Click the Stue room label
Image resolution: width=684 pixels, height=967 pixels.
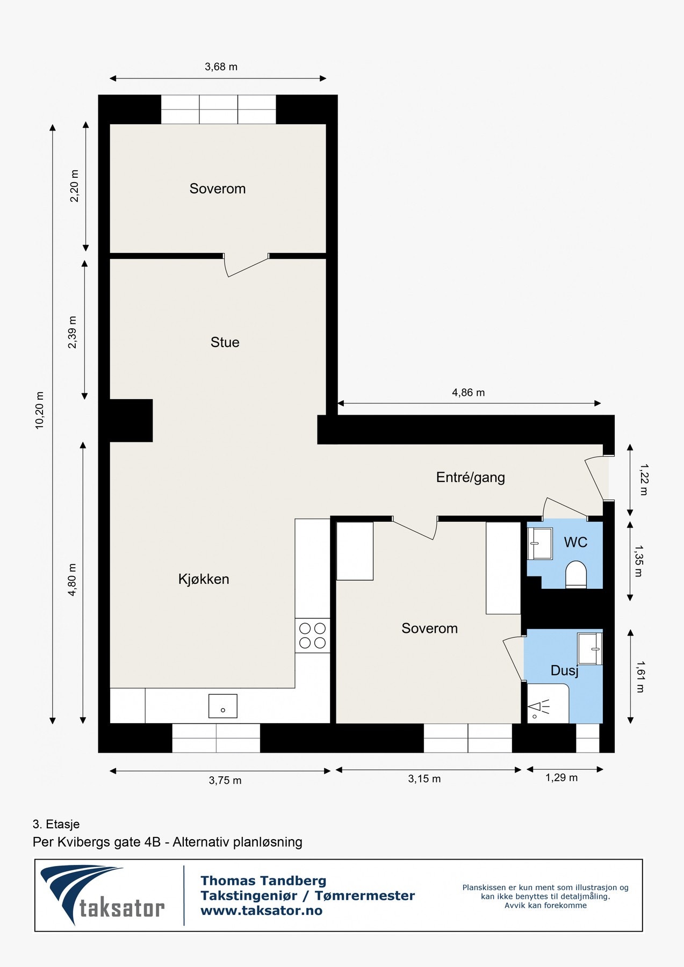(x=225, y=342)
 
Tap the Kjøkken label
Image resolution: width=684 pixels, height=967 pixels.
(x=204, y=579)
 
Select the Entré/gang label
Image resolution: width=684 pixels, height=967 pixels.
(x=470, y=477)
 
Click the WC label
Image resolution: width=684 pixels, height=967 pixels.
(x=575, y=542)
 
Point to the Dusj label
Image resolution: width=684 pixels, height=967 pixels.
(x=564, y=670)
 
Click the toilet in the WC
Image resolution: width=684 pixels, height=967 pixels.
(x=576, y=574)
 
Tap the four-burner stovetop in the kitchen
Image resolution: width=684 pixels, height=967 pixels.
(x=312, y=635)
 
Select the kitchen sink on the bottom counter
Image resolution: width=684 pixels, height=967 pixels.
(x=223, y=706)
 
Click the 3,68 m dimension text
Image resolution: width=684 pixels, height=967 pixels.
(x=221, y=67)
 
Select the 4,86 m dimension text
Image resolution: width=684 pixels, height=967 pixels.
(x=468, y=393)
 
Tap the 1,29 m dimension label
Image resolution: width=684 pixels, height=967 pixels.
(x=561, y=778)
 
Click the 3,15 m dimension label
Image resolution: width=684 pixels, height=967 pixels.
(x=424, y=779)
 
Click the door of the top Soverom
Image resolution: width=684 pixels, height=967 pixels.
(x=246, y=266)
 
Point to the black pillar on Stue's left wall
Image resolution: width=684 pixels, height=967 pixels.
(x=131, y=420)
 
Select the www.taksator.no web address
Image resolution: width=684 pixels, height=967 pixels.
(x=261, y=911)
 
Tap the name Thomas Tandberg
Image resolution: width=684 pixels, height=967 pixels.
(x=263, y=881)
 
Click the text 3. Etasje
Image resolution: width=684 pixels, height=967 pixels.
(x=56, y=824)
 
